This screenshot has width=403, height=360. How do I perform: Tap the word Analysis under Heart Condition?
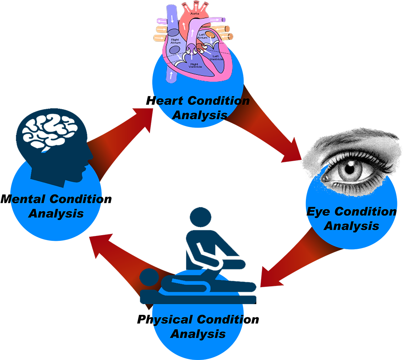tap(199, 115)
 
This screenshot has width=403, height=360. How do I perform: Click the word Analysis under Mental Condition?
tap(56, 213)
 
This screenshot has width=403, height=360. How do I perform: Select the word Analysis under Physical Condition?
tap(198, 334)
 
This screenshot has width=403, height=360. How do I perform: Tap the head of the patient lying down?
tap(150, 277)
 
